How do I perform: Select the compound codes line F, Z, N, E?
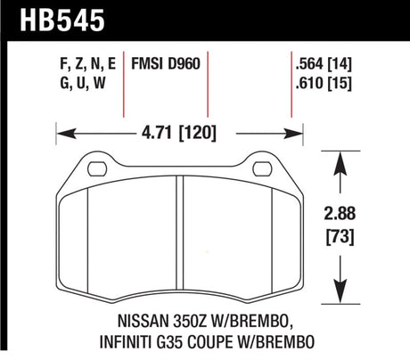(x=87, y=63)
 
